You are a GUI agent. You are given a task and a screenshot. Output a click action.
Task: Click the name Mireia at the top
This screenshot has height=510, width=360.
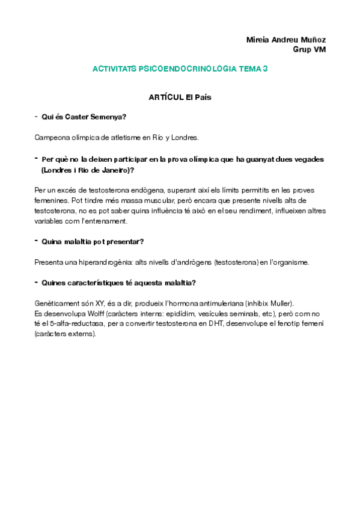257,40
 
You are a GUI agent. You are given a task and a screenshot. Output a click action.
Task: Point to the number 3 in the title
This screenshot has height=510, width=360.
265,69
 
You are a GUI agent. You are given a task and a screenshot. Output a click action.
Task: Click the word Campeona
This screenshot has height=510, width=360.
53,137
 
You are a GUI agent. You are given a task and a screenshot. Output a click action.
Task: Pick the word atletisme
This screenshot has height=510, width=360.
124,137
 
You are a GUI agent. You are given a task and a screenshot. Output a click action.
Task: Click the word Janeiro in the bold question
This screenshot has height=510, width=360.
111,170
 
